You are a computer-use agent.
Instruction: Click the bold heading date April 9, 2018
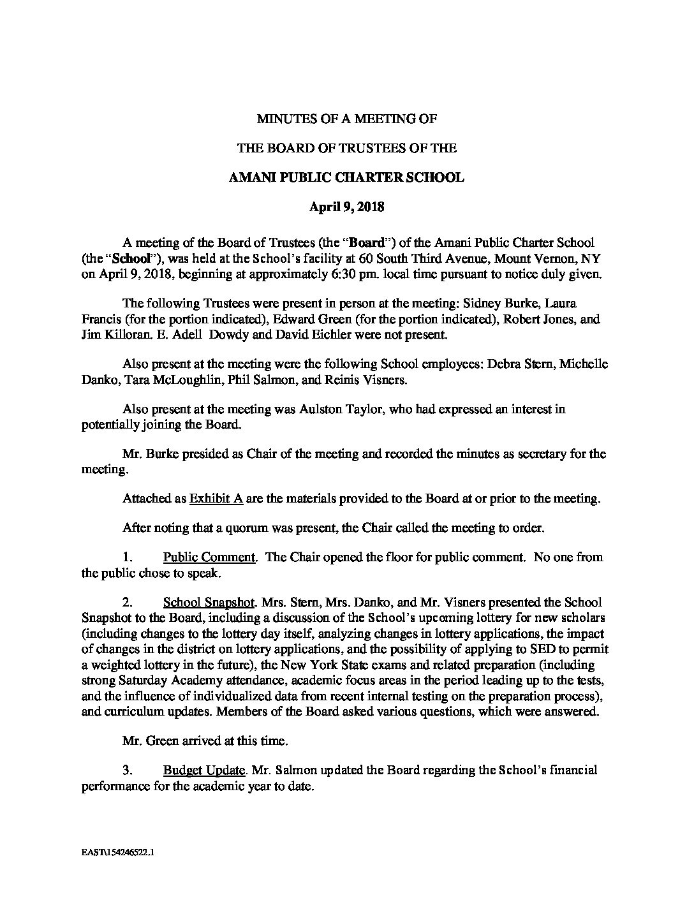pos(346,207)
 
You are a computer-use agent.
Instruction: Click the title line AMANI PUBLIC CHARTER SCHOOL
pos(346,177)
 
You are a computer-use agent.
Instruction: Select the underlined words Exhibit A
pos(216,499)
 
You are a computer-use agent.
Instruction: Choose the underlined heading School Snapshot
pos(209,602)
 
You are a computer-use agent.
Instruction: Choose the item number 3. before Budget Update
pos(127,770)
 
